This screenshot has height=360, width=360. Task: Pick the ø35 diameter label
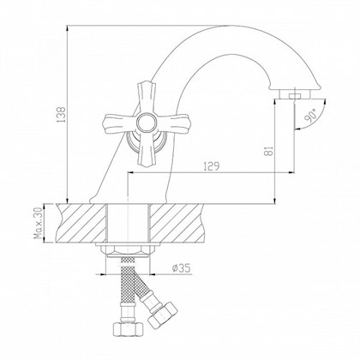(181, 267)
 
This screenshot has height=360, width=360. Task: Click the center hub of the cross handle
(131, 121)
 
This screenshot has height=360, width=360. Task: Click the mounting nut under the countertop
(129, 250)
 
